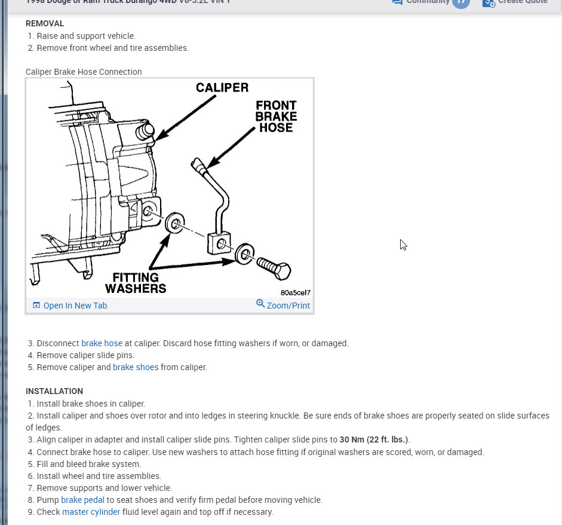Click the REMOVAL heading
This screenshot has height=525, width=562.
click(x=45, y=24)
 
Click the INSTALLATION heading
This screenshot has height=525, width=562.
click(x=54, y=391)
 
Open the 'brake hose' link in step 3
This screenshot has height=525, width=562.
click(x=102, y=343)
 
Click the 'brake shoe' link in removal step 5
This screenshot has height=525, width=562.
click(x=134, y=367)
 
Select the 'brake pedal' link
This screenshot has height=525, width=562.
click(x=82, y=500)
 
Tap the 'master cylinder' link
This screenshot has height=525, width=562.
click(x=91, y=512)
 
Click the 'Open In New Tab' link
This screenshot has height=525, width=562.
click(x=75, y=306)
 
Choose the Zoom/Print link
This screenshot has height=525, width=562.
click(x=288, y=305)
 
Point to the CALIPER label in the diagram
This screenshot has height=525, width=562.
click(x=222, y=88)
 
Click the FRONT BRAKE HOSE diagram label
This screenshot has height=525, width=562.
click(x=276, y=116)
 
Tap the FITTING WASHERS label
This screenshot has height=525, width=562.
click(x=136, y=283)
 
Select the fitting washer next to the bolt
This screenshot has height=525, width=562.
click(x=244, y=253)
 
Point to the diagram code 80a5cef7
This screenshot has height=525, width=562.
click(x=295, y=293)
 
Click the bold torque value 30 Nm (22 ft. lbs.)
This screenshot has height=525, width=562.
click(x=374, y=439)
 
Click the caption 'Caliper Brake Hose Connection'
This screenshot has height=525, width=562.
click(x=84, y=72)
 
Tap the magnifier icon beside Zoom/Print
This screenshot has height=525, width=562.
click(x=260, y=304)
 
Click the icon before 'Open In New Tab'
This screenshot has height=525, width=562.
click(x=36, y=306)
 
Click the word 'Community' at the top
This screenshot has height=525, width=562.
click(x=428, y=2)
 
